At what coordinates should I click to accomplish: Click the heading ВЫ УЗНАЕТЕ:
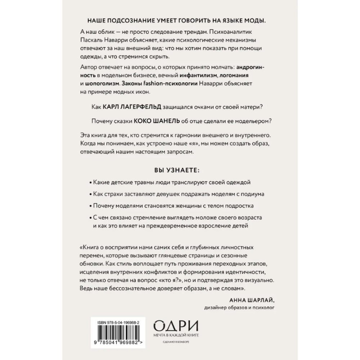pos(179,170)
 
